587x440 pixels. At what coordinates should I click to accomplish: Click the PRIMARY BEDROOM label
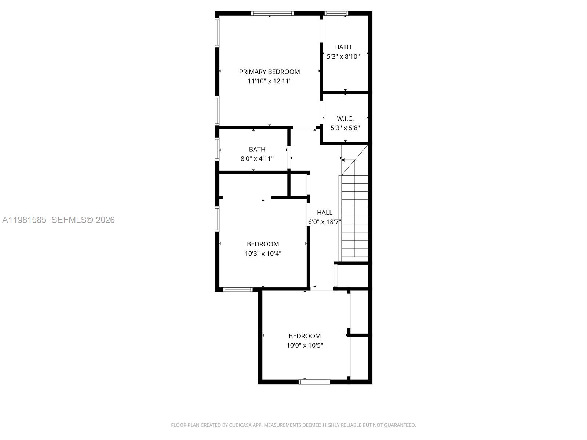pyautogui.click(x=269, y=72)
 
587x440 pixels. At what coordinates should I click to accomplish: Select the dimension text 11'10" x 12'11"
pyautogui.click(x=269, y=81)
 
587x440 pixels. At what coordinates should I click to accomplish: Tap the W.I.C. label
pyautogui.click(x=345, y=118)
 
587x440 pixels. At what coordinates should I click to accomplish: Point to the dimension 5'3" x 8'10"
pyautogui.click(x=343, y=56)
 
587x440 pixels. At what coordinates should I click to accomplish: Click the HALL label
pyautogui.click(x=324, y=212)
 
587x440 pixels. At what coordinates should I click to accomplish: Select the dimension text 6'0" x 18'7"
pyautogui.click(x=324, y=222)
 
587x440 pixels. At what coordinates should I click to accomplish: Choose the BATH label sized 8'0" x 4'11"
pyautogui.click(x=257, y=149)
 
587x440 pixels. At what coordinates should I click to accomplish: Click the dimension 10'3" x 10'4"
pyautogui.click(x=263, y=253)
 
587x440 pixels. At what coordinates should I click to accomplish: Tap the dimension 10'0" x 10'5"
pyautogui.click(x=305, y=345)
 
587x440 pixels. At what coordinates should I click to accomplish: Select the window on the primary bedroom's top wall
pyautogui.click(x=272, y=14)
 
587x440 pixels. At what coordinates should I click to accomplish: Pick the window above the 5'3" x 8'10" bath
pyautogui.click(x=336, y=14)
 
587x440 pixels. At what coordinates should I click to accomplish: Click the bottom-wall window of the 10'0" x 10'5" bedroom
pyautogui.click(x=314, y=382)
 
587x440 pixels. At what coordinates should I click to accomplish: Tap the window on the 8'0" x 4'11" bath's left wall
pyautogui.click(x=217, y=149)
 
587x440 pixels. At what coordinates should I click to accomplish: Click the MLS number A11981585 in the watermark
pyautogui.click(x=24, y=220)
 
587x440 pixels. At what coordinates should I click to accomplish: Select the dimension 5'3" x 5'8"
pyautogui.click(x=345, y=128)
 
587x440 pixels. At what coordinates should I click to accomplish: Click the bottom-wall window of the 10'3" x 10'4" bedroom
pyautogui.click(x=238, y=290)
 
